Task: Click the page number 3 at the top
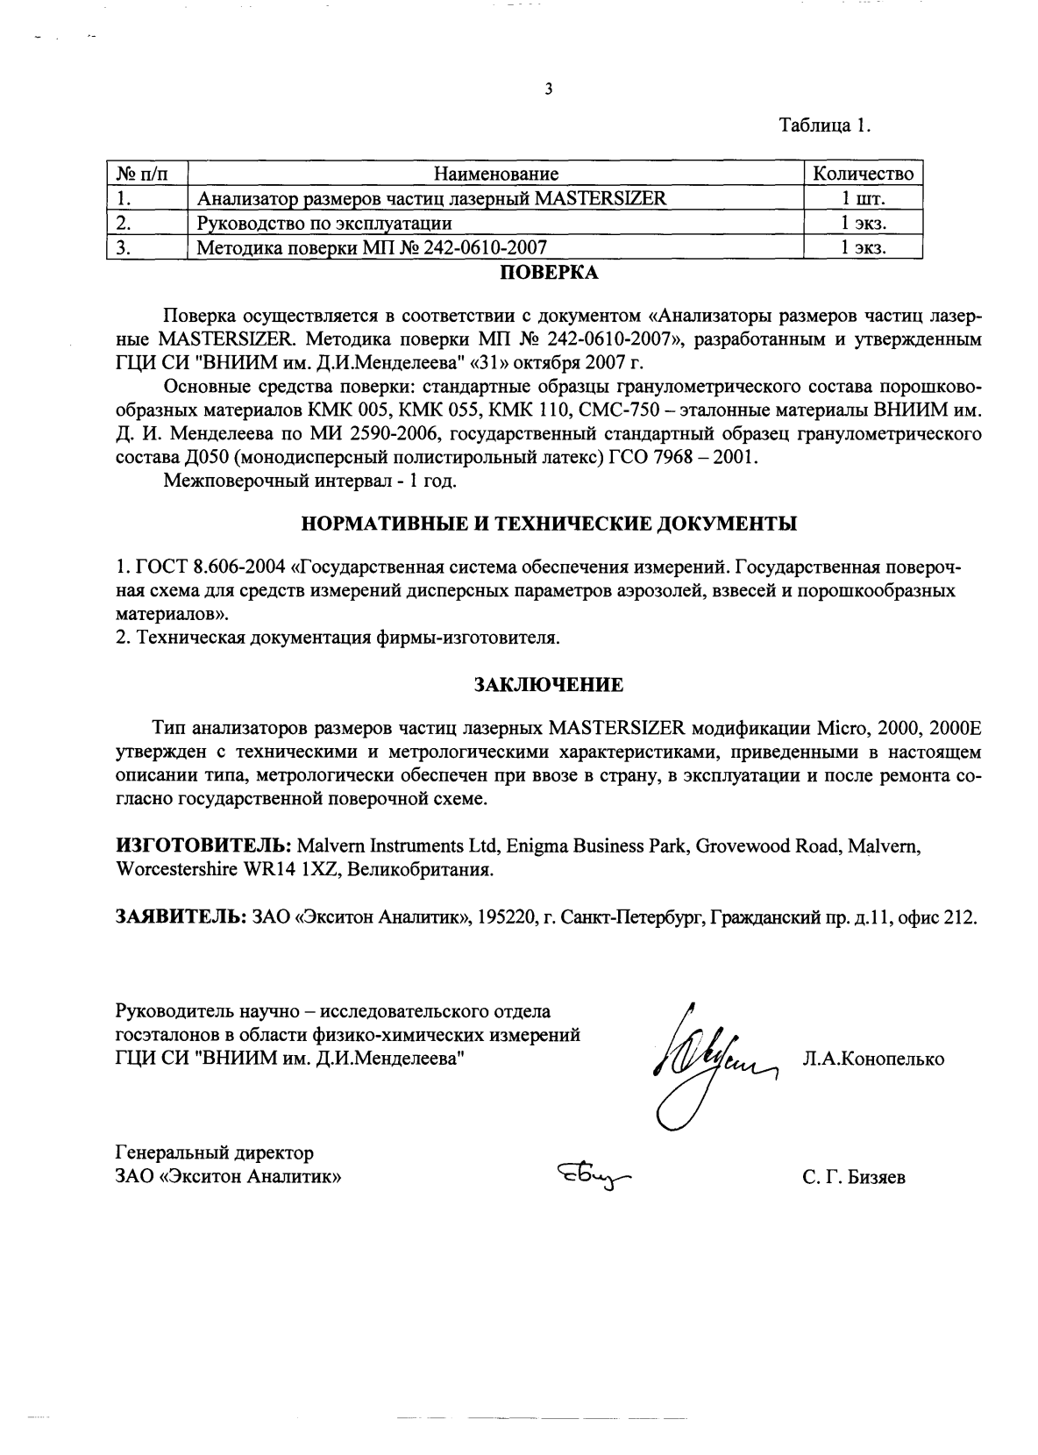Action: [x=548, y=89]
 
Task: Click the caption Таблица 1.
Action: [x=825, y=125]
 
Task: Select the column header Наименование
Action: [x=496, y=174]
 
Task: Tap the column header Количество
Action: [x=863, y=174]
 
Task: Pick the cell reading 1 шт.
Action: [x=863, y=198]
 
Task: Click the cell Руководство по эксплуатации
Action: [x=324, y=223]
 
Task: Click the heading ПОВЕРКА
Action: [x=549, y=273]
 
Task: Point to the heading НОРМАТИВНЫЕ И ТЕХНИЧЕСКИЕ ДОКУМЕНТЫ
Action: [x=549, y=524]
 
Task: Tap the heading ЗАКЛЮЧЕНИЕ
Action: [x=549, y=685]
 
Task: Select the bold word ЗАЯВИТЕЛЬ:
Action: [x=181, y=917]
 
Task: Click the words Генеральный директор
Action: [x=215, y=1152]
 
